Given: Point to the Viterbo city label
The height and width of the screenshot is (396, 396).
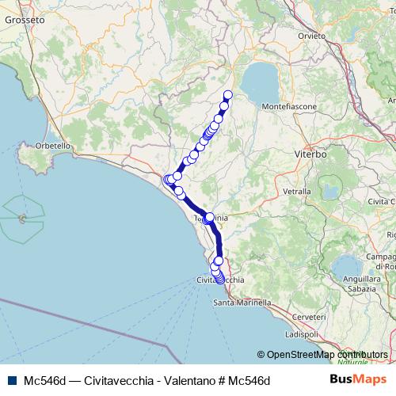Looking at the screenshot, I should tap(310, 154).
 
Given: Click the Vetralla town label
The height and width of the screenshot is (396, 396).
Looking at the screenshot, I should tap(297, 192).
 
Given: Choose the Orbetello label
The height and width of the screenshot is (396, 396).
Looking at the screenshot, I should tap(55, 146).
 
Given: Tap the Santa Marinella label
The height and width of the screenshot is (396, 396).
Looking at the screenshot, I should tap(242, 303).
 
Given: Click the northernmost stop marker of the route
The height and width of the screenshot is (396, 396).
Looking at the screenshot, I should tap(228, 96).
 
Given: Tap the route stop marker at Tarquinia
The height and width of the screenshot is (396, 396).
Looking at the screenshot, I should tap(210, 216).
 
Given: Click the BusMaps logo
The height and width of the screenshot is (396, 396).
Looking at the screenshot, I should tap(360, 380).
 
